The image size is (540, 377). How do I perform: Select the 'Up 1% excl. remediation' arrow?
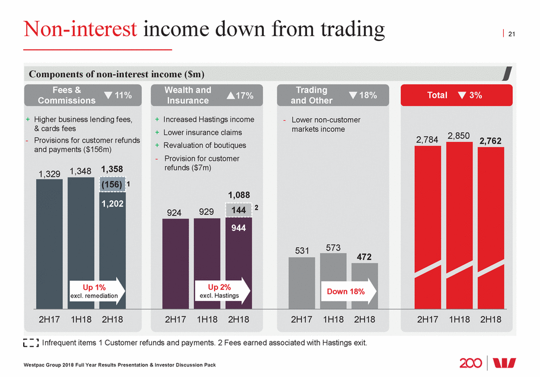point(97,290)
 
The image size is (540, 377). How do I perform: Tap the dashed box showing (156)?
point(111,185)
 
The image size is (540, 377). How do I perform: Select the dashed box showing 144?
point(238,210)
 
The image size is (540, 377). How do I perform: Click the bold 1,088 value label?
point(238,195)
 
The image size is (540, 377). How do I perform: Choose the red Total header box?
point(459,95)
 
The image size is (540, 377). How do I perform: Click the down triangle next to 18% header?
point(353,95)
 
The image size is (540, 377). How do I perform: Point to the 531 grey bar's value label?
point(302,251)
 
